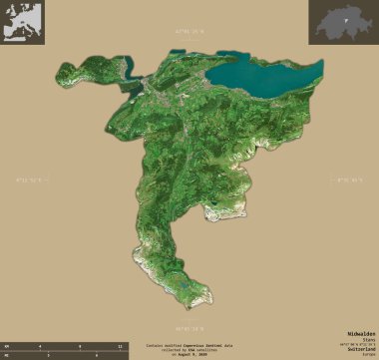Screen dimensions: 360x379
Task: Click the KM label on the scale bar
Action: [x=8, y=344]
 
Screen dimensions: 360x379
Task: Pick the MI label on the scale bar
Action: [x=8, y=354]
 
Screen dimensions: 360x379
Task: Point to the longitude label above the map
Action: [x=189, y=31]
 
